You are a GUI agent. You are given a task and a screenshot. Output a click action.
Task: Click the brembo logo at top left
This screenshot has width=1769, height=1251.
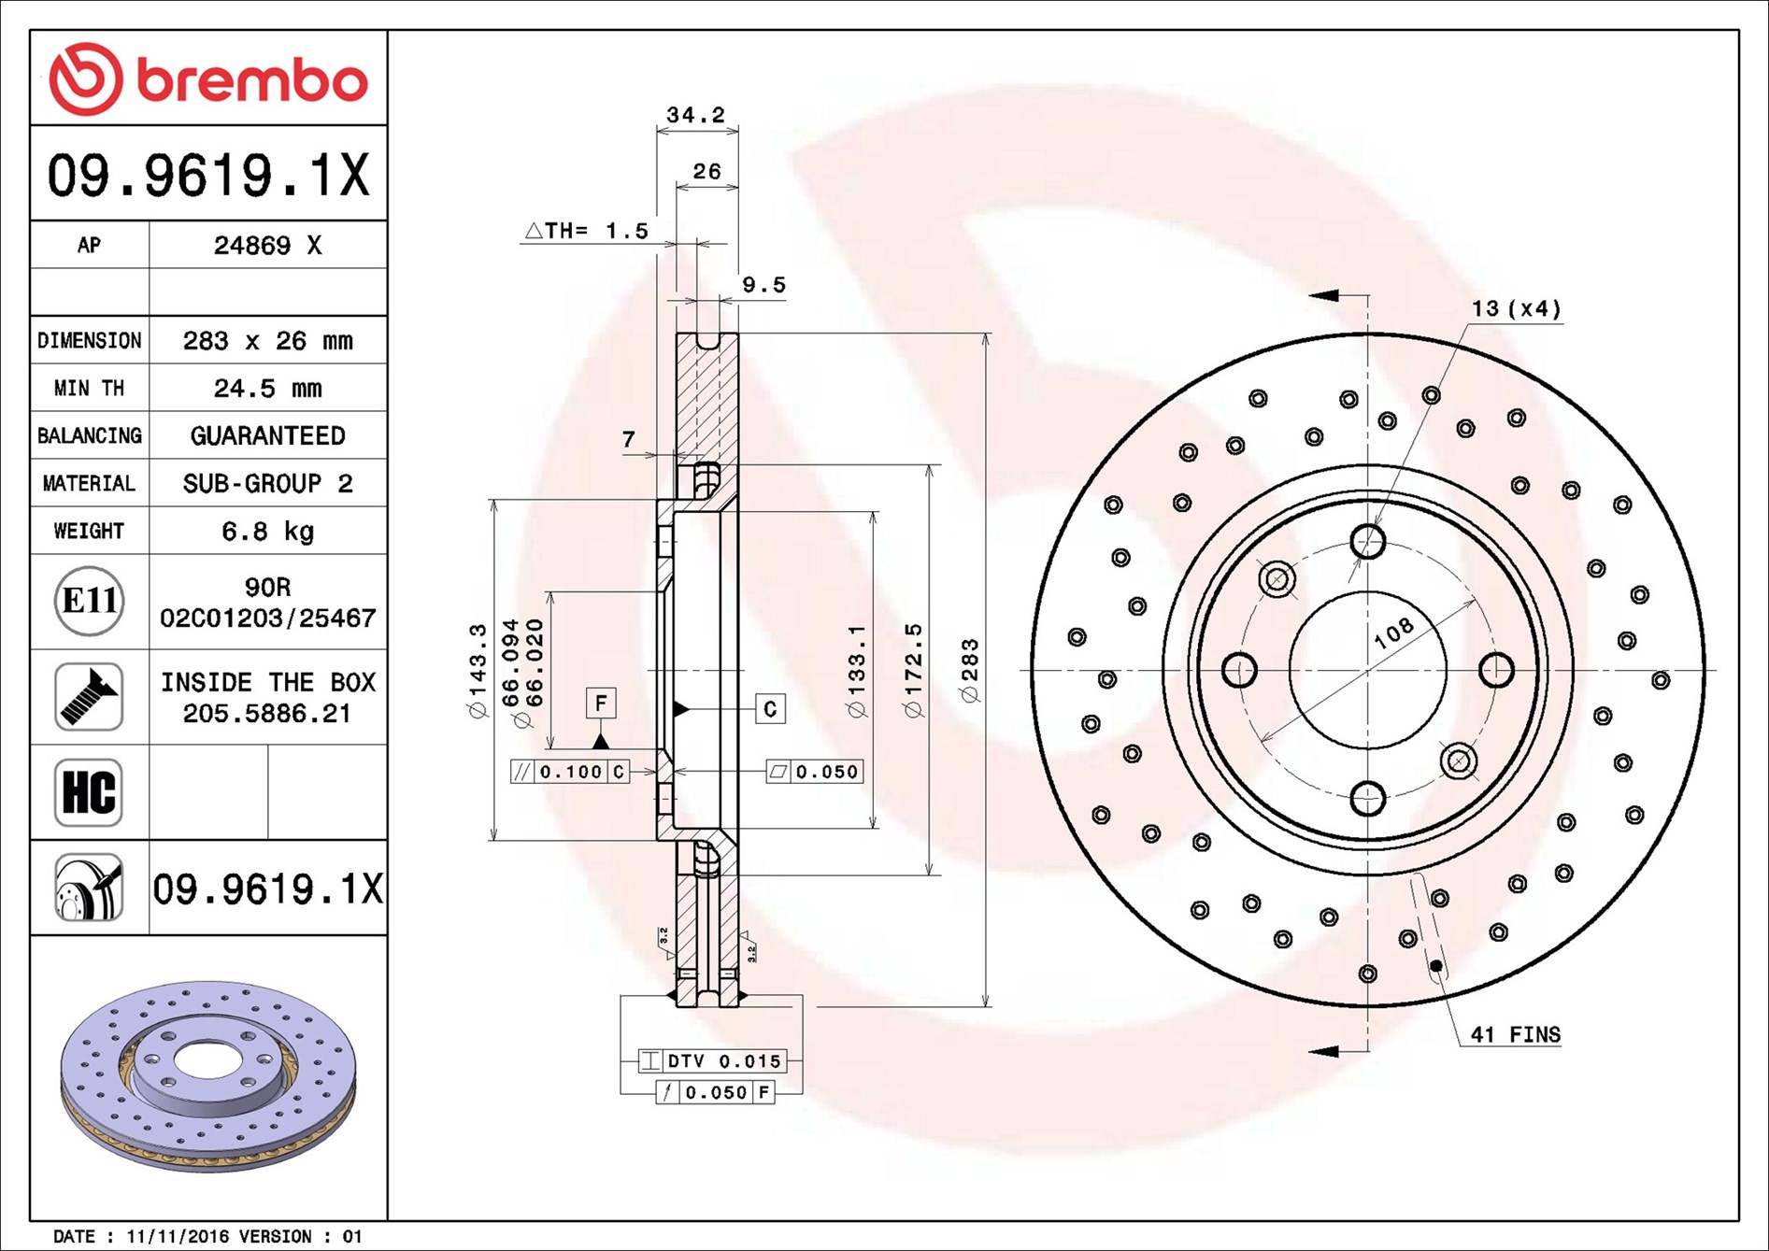coord(207,78)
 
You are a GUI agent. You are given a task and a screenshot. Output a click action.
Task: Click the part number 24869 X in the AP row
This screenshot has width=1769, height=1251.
coord(267,245)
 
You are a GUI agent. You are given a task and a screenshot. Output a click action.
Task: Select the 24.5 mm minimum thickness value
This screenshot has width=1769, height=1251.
coord(267,388)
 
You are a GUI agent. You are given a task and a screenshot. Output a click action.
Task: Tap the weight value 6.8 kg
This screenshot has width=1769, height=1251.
coord(267,531)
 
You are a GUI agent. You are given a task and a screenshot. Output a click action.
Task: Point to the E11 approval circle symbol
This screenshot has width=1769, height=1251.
coord(89,601)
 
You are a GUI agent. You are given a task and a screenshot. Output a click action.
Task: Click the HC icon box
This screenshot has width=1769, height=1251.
coord(89,792)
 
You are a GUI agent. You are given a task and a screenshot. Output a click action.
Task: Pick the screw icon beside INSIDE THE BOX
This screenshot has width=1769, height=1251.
coord(89,697)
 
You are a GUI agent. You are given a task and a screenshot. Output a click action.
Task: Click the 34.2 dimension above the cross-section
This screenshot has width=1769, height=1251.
coord(695,115)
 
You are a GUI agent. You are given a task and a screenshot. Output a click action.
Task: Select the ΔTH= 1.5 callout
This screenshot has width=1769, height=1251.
coord(587,231)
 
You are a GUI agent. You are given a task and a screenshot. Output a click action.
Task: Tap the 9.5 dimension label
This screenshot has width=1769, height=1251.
coord(763,285)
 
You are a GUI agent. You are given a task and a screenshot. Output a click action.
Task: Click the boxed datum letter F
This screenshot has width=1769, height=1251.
coord(601,703)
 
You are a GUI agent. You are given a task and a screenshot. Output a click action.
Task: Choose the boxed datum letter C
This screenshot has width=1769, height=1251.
coord(770,708)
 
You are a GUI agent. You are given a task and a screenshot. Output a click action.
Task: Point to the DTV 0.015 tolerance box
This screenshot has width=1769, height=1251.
coord(712,1061)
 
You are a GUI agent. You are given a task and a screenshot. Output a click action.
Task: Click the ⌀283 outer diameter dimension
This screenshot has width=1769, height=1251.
coord(970,670)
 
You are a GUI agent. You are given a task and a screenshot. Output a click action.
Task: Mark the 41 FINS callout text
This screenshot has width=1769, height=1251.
coord(1515,1034)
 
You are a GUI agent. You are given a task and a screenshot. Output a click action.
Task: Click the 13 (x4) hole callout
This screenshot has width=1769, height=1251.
coord(1516,308)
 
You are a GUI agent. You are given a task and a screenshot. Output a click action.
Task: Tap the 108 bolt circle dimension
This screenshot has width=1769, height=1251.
coord(1393,633)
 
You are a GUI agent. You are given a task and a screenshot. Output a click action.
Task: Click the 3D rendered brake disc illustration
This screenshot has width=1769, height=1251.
coord(208,1074)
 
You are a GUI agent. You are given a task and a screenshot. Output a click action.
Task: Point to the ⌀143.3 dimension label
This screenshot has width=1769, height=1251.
coord(478,670)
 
